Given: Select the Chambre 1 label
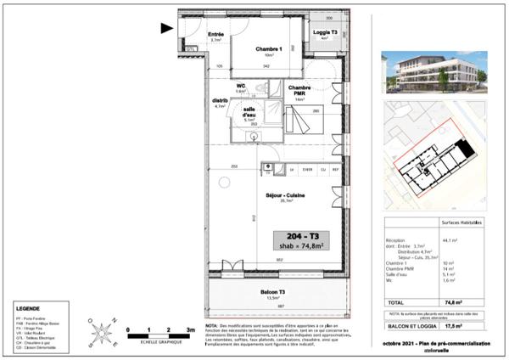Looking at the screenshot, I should click(267, 49).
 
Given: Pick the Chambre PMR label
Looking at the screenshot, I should click(299, 89).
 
